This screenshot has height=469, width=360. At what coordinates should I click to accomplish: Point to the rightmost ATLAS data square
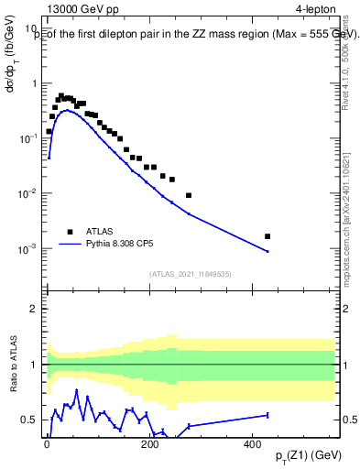click(267, 236)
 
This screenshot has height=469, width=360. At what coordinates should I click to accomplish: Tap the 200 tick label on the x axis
click(150, 443)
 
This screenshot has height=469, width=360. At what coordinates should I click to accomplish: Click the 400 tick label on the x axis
click(253, 443)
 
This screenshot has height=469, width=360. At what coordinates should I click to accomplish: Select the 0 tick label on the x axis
click(48, 443)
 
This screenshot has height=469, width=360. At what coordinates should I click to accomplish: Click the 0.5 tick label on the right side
click(350, 420)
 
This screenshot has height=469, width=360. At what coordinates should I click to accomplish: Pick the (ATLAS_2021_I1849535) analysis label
click(191, 273)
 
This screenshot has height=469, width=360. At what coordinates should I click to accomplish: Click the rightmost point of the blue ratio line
click(267, 415)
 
